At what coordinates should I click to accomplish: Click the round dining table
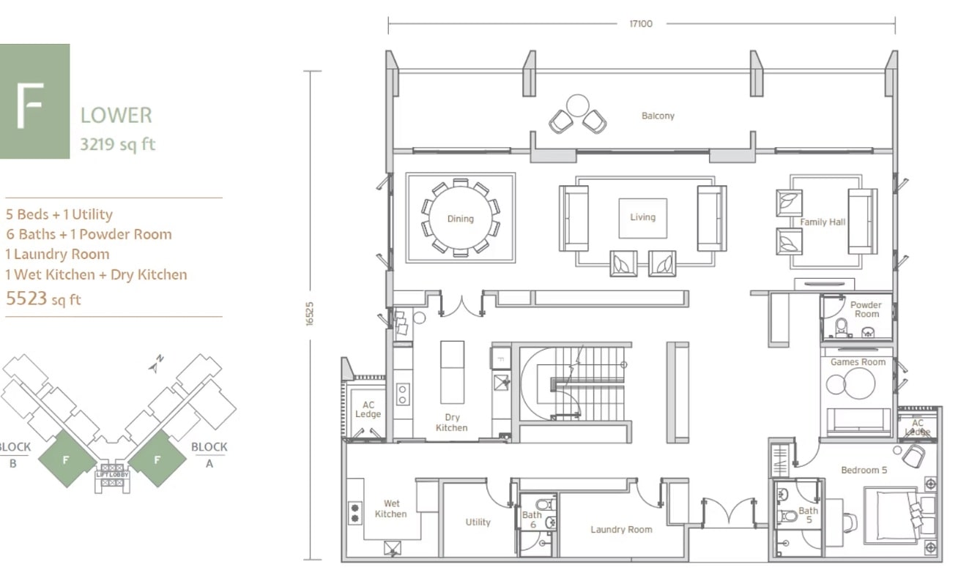(x=460, y=217)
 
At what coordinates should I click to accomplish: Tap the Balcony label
(x=658, y=116)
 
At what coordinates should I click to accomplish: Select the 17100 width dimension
(x=641, y=23)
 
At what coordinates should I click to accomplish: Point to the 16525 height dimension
(x=310, y=314)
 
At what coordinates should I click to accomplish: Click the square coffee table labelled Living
(x=642, y=219)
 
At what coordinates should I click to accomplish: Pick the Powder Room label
(x=866, y=309)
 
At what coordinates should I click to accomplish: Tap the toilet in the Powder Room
(x=841, y=328)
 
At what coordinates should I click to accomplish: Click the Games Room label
(x=858, y=361)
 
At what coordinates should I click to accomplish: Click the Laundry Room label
(x=621, y=530)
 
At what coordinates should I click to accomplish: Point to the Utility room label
(x=478, y=522)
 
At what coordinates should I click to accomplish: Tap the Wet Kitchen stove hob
(x=354, y=513)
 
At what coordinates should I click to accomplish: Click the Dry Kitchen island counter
(x=452, y=372)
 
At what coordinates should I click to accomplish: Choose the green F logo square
(x=34, y=102)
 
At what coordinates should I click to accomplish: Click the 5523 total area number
(x=26, y=299)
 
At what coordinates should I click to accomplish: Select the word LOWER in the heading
(x=116, y=116)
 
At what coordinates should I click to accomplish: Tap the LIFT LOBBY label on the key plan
(x=113, y=474)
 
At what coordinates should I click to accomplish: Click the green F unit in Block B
(x=67, y=459)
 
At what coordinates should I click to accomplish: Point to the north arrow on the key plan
(x=156, y=364)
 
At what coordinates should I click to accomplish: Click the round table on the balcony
(x=577, y=105)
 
